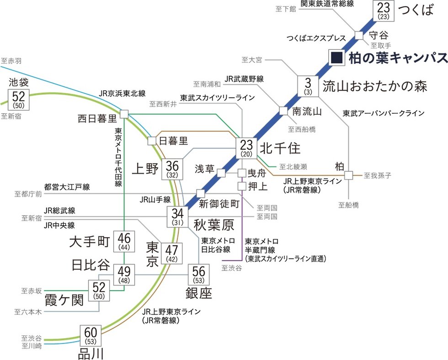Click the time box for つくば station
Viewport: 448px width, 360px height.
tap(383, 11)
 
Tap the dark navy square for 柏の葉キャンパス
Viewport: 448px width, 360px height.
tap(337, 57)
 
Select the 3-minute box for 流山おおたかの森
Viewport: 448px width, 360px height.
tap(308, 86)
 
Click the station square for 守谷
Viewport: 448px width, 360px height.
tap(359, 35)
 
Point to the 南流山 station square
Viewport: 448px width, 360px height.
tap(283, 111)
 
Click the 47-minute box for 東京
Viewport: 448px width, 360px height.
tap(172, 253)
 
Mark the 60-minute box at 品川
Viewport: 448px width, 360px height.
tap(91, 336)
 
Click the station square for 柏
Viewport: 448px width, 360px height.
tap(349, 175)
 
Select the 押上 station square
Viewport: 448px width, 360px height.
tap(242, 186)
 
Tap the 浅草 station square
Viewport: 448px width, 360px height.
tap(221, 173)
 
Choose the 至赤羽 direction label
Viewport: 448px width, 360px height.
tap(11, 60)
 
